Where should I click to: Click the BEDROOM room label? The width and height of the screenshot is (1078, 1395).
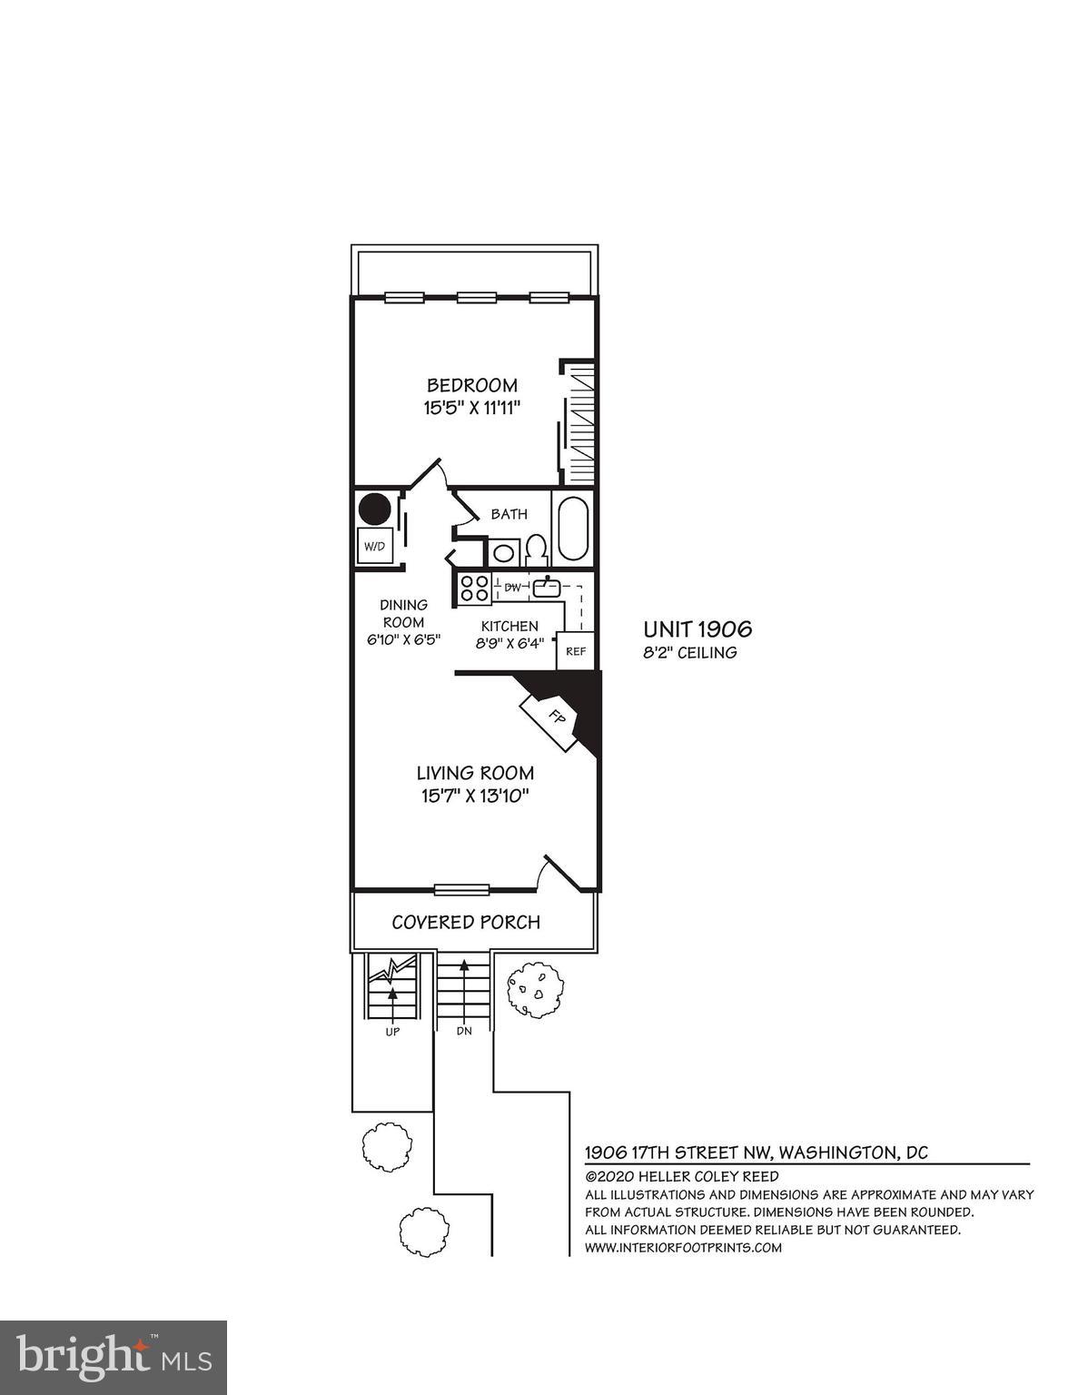(x=472, y=385)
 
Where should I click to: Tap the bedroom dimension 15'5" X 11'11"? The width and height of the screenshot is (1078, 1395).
(x=472, y=409)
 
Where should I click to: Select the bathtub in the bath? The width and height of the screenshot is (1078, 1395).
(x=572, y=529)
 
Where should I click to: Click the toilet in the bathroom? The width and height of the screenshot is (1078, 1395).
(x=536, y=549)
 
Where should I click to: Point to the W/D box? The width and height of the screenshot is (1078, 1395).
(x=374, y=546)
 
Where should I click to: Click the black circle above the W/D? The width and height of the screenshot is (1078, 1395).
(x=373, y=509)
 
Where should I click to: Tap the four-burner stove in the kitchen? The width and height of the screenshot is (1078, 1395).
(x=473, y=588)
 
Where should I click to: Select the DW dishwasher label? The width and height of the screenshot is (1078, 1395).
(x=513, y=588)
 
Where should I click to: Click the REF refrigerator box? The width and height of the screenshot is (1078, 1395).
(x=576, y=651)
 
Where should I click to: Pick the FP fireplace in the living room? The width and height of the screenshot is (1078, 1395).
(x=555, y=716)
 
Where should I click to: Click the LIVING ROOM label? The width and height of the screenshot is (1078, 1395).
(x=475, y=774)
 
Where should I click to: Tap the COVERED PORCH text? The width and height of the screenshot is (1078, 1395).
(x=466, y=923)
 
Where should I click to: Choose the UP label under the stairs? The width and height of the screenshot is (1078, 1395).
(x=392, y=1033)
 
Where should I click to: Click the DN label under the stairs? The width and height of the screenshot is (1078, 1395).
(x=464, y=1033)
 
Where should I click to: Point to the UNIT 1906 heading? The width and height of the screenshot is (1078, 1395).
(x=697, y=629)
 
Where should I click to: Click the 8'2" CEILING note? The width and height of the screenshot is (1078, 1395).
(x=689, y=653)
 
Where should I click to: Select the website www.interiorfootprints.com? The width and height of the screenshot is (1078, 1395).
(x=683, y=1247)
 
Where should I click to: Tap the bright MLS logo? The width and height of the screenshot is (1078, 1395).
(x=114, y=1358)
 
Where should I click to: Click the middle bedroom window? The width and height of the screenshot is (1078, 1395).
(x=476, y=297)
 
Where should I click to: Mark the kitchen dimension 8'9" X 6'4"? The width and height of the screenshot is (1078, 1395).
(x=509, y=643)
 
